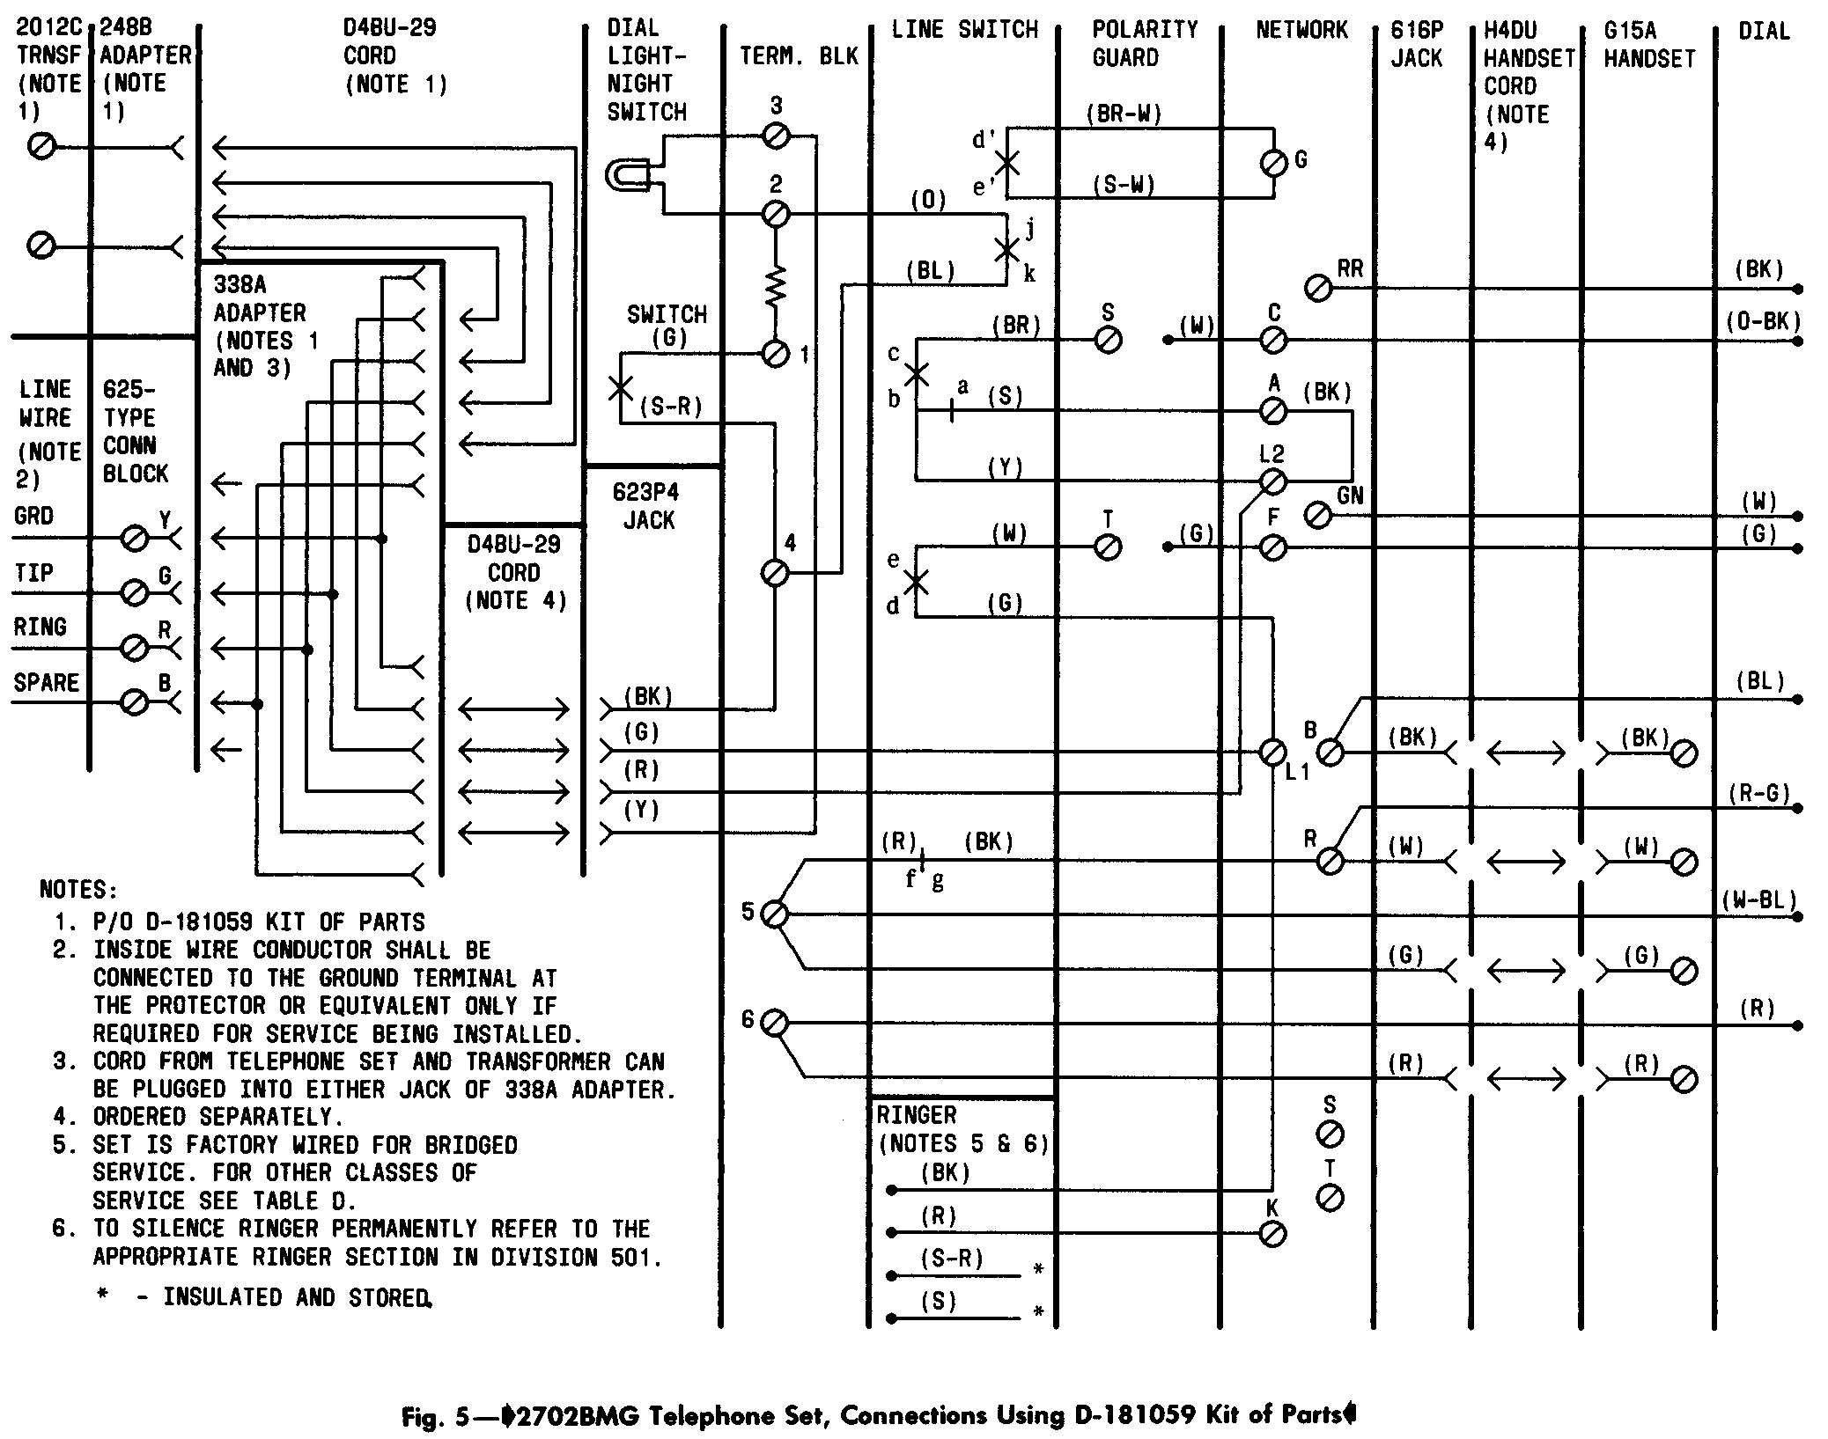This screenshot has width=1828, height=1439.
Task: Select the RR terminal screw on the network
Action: point(1318,288)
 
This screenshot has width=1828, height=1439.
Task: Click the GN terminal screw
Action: point(1318,515)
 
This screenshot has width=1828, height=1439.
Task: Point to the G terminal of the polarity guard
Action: point(1274,163)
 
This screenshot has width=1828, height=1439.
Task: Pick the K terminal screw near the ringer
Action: point(1273,1234)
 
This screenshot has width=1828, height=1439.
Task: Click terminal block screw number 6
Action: point(774,1023)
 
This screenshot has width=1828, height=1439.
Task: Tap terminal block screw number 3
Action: point(776,136)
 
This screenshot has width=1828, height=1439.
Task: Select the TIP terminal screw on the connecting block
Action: point(134,592)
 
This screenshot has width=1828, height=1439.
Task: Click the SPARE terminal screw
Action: point(134,702)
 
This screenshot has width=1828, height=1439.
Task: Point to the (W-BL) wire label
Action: point(1758,900)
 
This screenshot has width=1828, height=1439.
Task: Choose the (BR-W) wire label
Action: point(1124,114)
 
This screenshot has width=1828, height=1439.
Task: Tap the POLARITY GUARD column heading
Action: point(1145,43)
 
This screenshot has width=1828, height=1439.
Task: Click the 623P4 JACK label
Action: point(647,506)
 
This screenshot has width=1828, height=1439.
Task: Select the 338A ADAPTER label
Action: point(260,298)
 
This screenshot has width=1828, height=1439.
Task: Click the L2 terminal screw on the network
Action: point(1273,481)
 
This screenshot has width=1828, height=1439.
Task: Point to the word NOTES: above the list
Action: point(78,890)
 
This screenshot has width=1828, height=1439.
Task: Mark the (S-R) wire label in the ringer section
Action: point(952,1259)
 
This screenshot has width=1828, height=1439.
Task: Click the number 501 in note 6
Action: point(640,1258)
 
